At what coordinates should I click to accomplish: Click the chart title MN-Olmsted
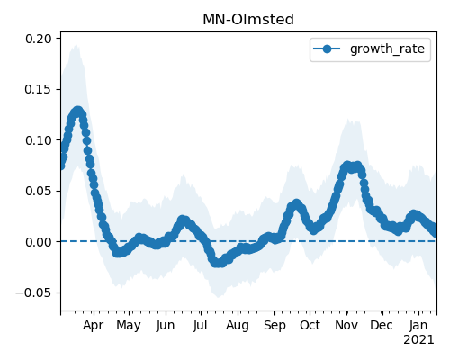pos(248,20)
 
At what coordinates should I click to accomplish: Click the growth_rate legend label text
pos(387,49)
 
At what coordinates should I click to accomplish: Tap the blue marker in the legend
pos(327,49)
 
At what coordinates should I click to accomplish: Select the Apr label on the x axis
pos(94,326)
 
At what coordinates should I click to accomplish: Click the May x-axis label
pos(129,326)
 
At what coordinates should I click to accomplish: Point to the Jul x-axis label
pos(200,325)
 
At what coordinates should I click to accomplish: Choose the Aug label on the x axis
pos(238,326)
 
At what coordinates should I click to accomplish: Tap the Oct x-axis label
pos(310,325)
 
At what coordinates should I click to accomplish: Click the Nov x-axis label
pos(346,325)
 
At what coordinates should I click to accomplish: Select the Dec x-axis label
pos(382,325)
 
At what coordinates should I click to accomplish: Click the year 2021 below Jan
pos(418,340)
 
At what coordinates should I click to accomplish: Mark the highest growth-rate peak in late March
pos(78,112)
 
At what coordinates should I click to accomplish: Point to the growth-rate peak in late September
pos(296,204)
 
